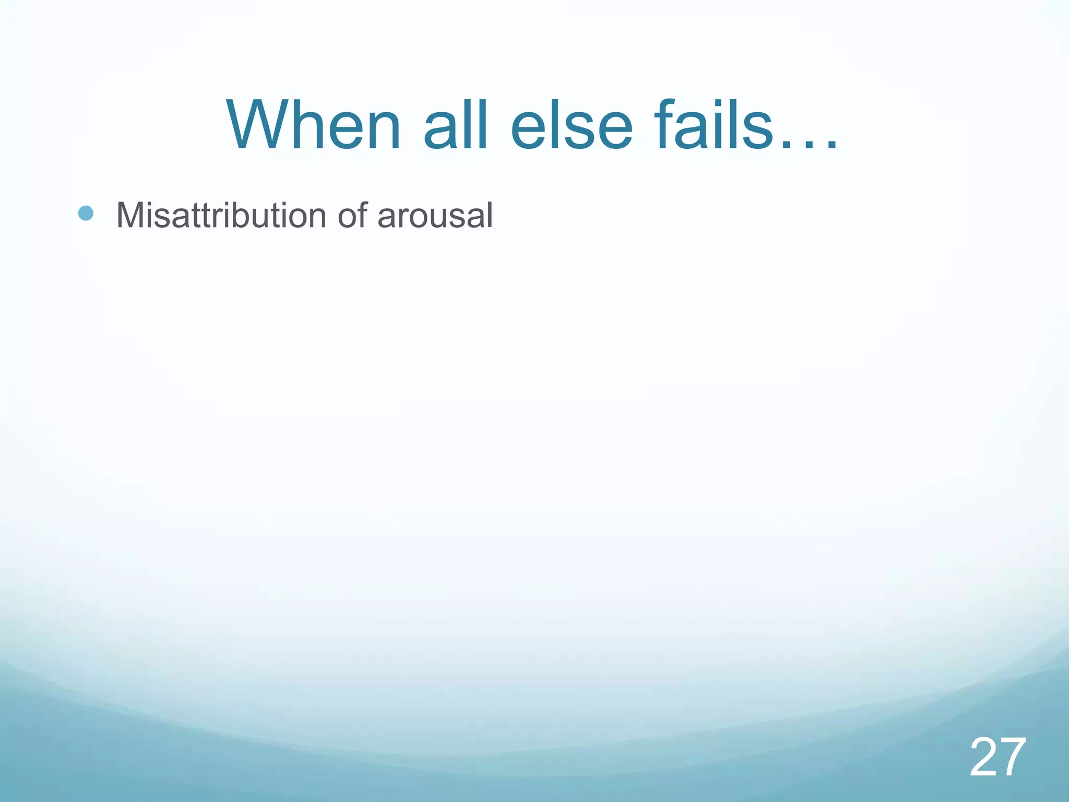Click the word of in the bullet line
[x=352, y=215]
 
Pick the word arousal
[x=435, y=215]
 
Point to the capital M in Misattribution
[x=130, y=215]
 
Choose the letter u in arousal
[x=437, y=218]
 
